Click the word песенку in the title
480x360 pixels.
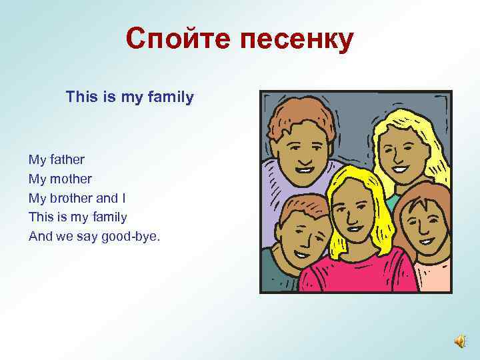[291, 40]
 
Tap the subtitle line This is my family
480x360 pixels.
[130, 97]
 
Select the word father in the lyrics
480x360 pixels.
[67, 160]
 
